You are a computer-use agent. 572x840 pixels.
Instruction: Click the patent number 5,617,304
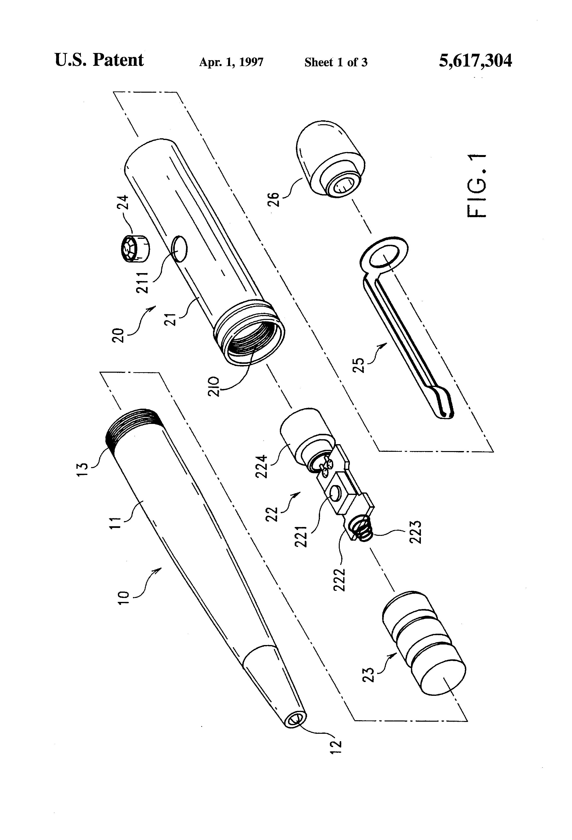click(x=475, y=61)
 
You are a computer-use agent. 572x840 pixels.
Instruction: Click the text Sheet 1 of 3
click(x=336, y=62)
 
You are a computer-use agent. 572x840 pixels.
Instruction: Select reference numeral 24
click(x=123, y=203)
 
